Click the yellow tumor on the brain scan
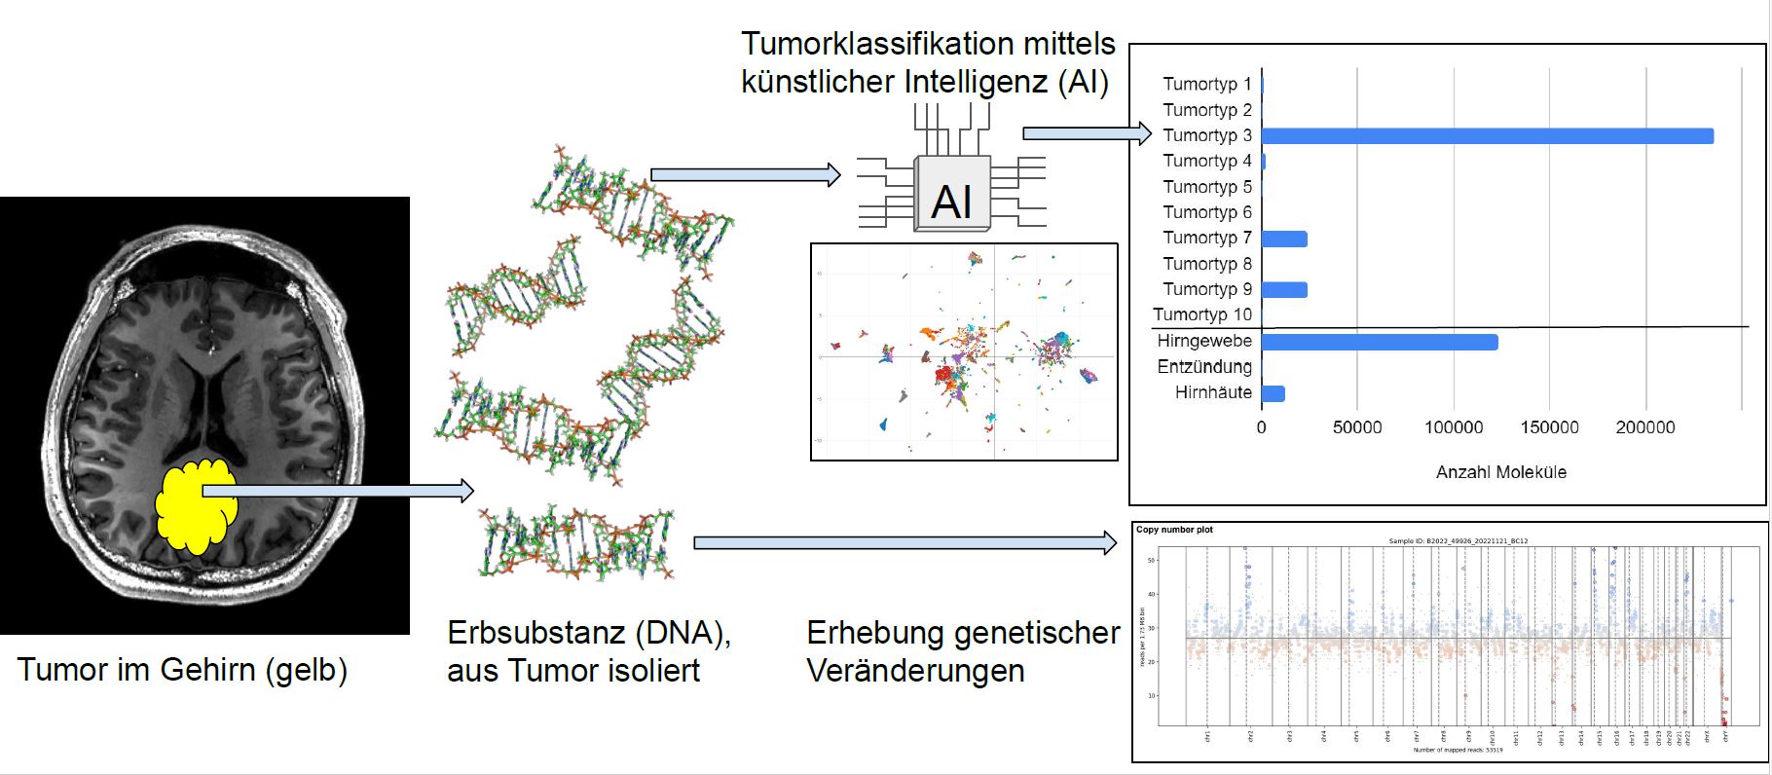(x=195, y=506)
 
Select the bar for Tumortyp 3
(x=1487, y=136)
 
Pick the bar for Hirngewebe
(x=1379, y=342)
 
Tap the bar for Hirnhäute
(x=1273, y=393)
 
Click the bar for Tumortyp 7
(x=1284, y=239)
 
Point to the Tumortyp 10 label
(x=1202, y=314)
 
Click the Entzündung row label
(x=1204, y=367)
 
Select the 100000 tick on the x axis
(x=1454, y=427)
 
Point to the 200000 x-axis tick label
(x=1645, y=427)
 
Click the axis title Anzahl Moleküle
(x=1500, y=472)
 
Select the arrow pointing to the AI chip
(x=744, y=175)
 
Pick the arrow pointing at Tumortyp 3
(x=1087, y=133)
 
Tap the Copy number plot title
(x=1174, y=531)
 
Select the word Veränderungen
(x=915, y=671)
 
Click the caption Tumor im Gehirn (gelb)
(x=182, y=670)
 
